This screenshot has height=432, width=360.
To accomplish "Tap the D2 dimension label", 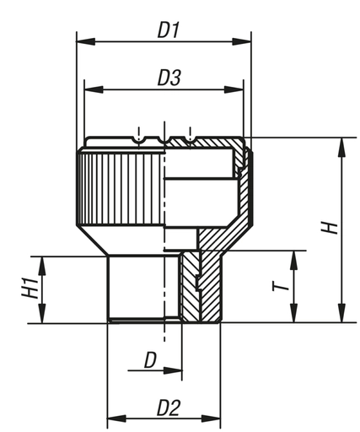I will tap(169, 408).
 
